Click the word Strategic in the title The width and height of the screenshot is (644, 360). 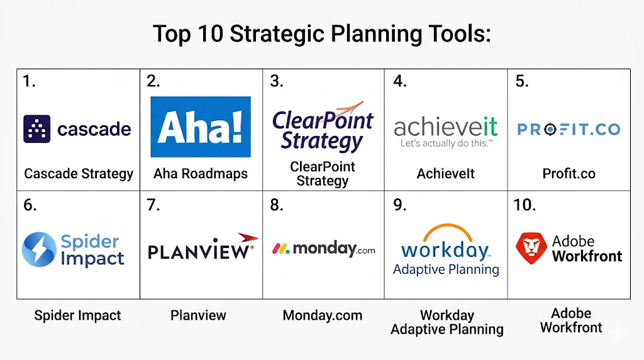(277, 35)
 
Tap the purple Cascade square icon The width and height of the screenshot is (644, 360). (37, 129)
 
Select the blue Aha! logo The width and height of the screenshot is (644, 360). (201, 127)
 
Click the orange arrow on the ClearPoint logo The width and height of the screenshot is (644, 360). (348, 108)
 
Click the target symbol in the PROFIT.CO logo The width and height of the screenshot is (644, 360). (550, 130)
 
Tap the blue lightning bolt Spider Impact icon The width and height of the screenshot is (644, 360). (39, 249)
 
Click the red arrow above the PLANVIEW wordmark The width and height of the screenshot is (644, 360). (248, 237)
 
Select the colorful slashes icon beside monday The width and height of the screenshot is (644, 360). (281, 249)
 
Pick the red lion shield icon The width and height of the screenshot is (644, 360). (531, 248)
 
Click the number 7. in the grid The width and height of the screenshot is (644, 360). (153, 205)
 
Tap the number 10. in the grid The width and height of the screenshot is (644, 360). (525, 205)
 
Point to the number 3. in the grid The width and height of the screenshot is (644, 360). (277, 81)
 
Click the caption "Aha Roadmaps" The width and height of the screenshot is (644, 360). (201, 174)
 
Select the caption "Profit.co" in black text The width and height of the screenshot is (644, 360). (569, 174)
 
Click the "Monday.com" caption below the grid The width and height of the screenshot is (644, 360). (323, 315)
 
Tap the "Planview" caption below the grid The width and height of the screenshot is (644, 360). (198, 315)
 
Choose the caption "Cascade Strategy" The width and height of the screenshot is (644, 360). (79, 174)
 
